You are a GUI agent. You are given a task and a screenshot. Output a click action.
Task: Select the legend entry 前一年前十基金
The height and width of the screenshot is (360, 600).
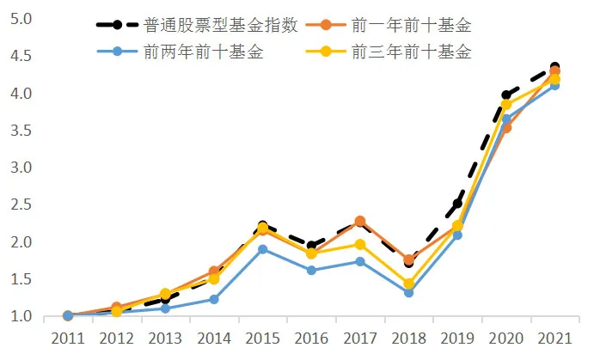click(411, 25)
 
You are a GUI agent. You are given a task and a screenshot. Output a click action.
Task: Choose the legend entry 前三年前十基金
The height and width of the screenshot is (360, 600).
click(411, 52)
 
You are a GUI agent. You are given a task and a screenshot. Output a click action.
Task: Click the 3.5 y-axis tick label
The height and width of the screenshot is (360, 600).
click(23, 131)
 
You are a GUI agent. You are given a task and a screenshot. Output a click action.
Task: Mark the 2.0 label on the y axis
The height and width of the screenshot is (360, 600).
click(23, 242)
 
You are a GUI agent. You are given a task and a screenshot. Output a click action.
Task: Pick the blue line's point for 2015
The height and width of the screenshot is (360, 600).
click(262, 249)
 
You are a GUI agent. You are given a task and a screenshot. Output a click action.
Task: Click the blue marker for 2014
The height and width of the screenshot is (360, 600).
click(214, 299)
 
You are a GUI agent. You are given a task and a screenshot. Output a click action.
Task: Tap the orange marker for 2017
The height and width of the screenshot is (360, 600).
click(359, 221)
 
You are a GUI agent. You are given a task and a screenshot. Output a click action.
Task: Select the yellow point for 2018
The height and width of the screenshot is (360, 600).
click(408, 284)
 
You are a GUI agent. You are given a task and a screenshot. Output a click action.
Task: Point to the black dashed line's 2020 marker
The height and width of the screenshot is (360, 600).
click(506, 95)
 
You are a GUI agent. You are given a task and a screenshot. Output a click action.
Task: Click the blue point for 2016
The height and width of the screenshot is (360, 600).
click(311, 270)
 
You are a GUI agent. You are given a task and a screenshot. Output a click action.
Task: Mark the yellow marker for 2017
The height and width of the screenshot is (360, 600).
click(359, 244)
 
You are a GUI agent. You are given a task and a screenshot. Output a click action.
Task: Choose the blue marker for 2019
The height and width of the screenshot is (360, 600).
click(457, 235)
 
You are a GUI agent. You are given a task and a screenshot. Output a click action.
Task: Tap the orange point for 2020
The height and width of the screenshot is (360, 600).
click(506, 128)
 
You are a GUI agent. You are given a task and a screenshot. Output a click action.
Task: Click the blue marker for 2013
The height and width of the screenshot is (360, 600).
click(165, 308)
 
